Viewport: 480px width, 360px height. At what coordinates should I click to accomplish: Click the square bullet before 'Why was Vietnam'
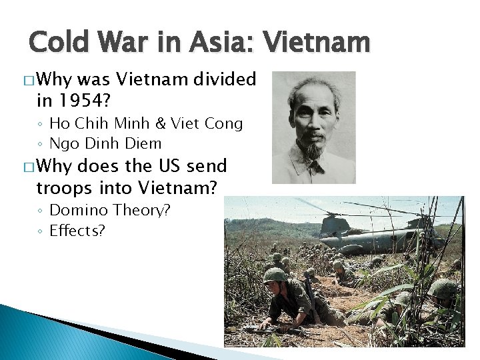click(x=27, y=81)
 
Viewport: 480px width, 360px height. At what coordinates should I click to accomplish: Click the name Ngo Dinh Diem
click(x=105, y=143)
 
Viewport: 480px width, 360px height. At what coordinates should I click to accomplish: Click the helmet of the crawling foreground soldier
click(x=274, y=275)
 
